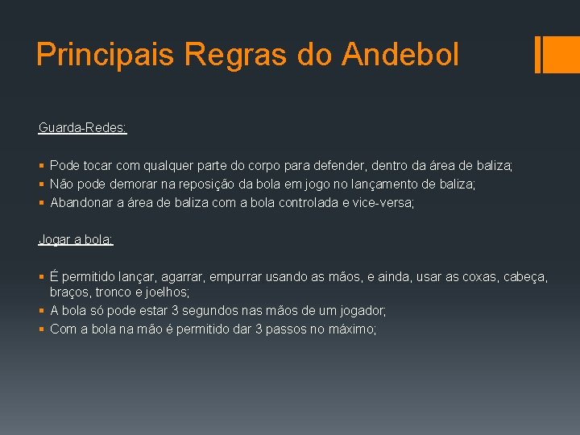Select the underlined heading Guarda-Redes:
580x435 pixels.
coord(82,127)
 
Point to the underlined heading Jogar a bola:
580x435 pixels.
coord(76,239)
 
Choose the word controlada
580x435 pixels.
coord(309,203)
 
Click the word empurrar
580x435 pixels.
coord(239,277)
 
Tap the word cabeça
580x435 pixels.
coord(524,277)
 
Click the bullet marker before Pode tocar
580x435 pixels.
coord(42,166)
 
